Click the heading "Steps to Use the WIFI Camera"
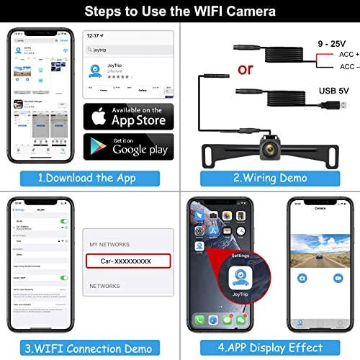[x=179, y=12]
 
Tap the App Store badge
[x=128, y=115]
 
